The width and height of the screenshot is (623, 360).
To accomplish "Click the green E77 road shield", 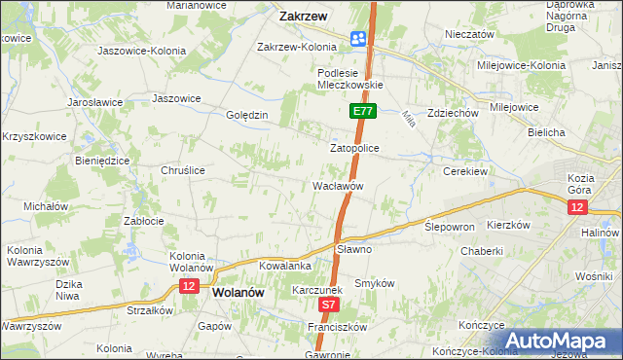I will point(362,112).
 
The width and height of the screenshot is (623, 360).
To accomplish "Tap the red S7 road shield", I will point(329,305).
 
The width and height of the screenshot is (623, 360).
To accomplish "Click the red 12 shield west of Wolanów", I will point(188,286).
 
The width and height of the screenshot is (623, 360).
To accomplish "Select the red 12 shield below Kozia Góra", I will point(578,207).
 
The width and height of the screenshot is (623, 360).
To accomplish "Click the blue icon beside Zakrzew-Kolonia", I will point(357,38).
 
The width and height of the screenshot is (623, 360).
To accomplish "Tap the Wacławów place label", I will point(338,185).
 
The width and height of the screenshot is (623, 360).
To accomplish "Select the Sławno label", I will point(354,249).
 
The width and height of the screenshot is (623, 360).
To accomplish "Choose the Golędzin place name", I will point(246,115).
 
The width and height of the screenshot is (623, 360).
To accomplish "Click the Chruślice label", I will point(182,169).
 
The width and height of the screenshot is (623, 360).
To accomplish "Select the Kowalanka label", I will point(284,265).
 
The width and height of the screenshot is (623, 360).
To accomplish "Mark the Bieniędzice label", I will point(102,161).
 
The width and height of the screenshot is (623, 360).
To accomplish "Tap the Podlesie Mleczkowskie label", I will point(351,78).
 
